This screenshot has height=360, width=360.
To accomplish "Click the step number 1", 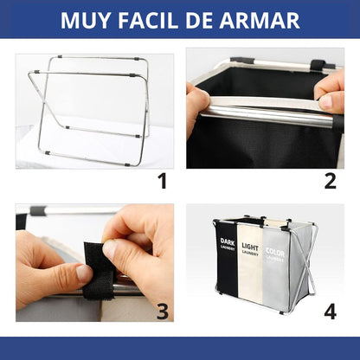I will [x=161, y=180].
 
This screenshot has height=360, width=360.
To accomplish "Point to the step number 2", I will [x=329, y=180].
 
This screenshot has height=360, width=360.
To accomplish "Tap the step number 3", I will [x=161, y=311].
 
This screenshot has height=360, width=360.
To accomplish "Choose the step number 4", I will [x=329, y=311].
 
